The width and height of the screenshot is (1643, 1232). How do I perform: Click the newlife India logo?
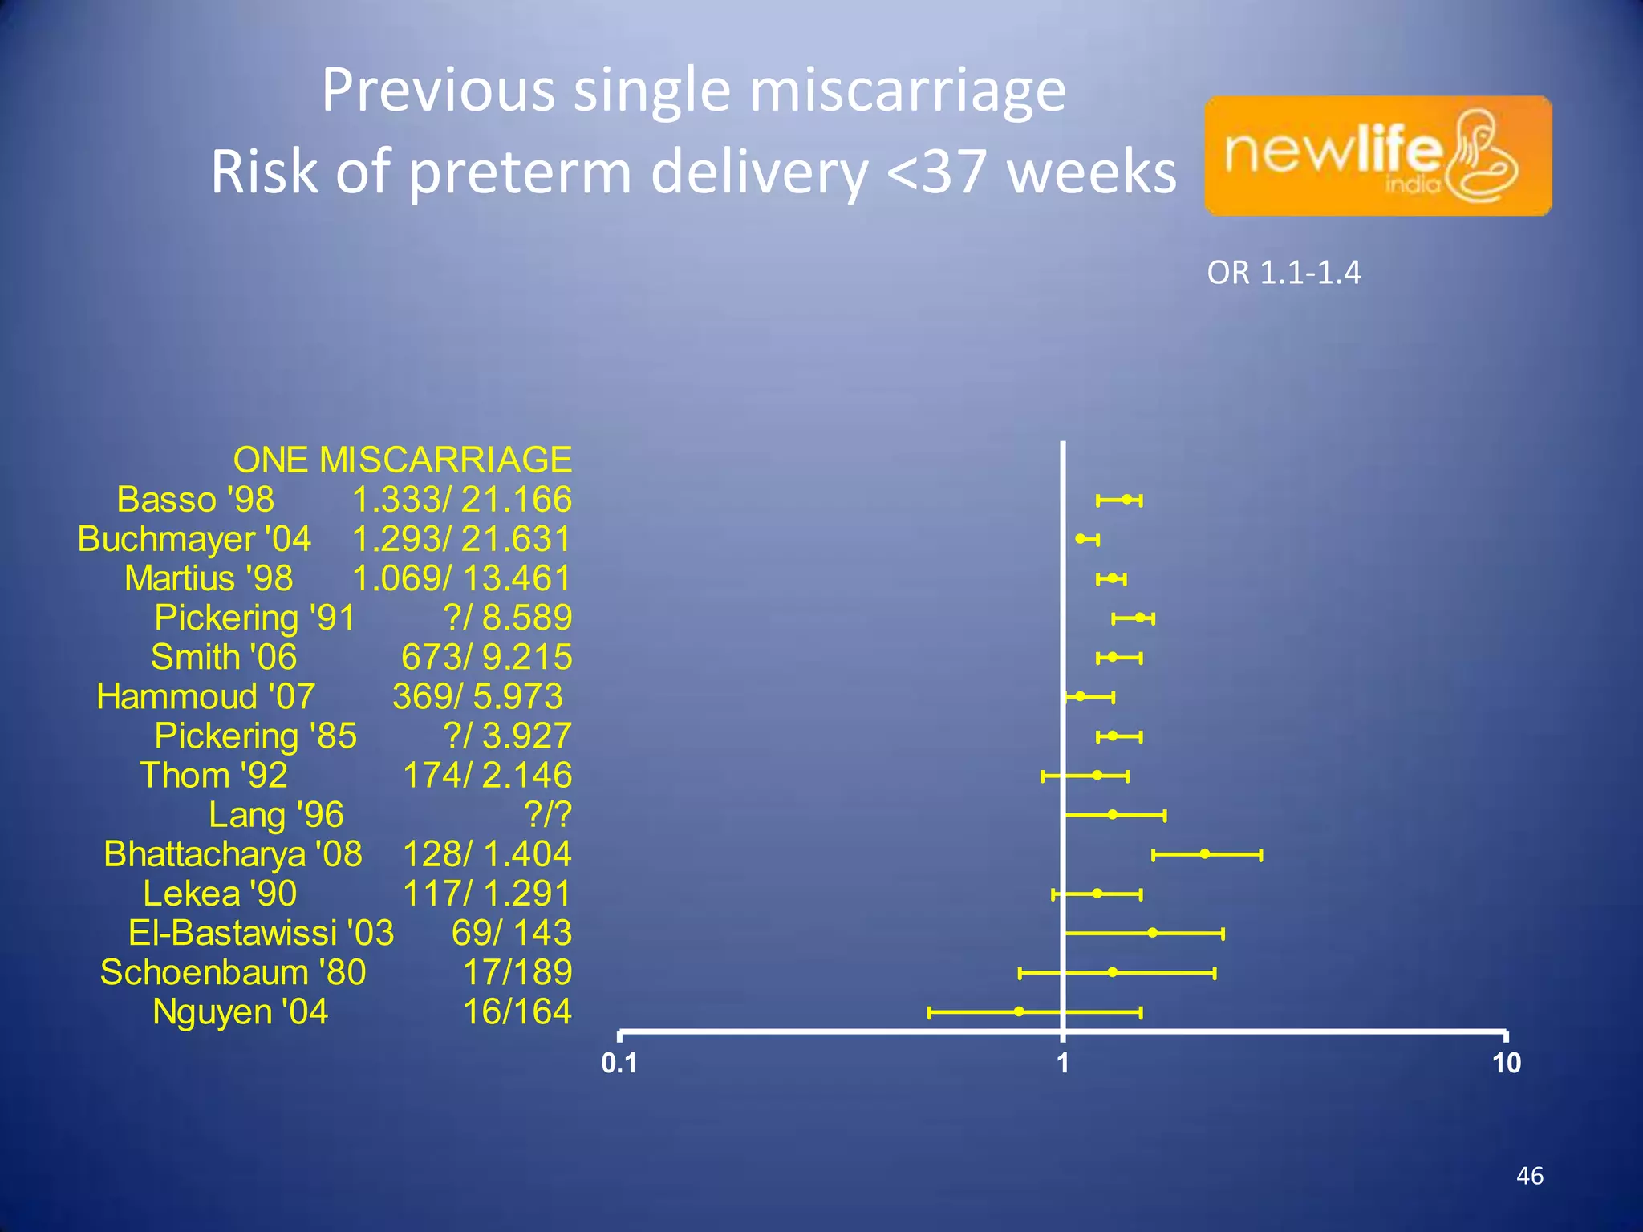tap(1377, 156)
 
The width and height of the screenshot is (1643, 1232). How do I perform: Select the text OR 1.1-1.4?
tap(1284, 274)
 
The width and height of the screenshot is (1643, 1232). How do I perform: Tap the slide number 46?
tap(1529, 1176)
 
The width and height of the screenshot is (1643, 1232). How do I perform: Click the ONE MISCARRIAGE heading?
tap(402, 460)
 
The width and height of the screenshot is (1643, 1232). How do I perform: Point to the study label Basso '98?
tap(195, 500)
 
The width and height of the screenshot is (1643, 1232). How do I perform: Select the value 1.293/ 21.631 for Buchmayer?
tap(461, 539)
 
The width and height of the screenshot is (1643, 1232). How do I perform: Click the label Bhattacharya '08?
tap(233, 854)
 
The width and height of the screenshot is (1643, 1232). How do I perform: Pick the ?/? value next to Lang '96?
tap(548, 815)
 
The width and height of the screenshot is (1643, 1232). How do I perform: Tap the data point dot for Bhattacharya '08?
tap(1204, 854)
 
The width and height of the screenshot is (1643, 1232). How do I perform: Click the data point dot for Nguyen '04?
tap(1018, 1011)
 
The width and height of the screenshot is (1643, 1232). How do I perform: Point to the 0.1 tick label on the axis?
tap(619, 1064)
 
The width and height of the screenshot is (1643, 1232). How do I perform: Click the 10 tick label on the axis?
tap(1506, 1064)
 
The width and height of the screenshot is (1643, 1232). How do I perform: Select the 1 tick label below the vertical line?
tap(1063, 1064)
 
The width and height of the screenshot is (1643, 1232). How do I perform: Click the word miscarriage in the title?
tap(907, 90)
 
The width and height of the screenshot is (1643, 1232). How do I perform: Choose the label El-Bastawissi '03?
tap(261, 933)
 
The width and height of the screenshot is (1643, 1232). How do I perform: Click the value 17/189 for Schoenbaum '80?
tap(517, 972)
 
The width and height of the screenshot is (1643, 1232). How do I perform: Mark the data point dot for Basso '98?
tap(1127, 500)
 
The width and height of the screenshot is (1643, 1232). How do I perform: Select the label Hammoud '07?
tap(205, 696)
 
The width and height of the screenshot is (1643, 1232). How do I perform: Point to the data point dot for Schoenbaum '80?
tap(1112, 972)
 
